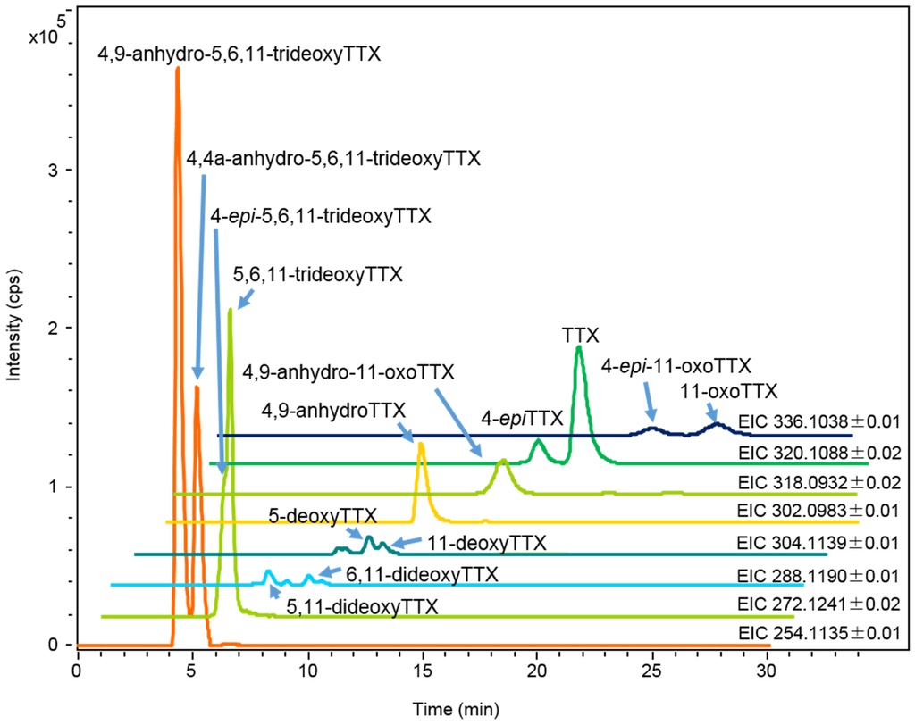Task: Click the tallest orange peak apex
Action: (177, 68)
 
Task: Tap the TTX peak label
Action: (580, 335)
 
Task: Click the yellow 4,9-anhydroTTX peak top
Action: (420, 443)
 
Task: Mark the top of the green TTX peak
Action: (579, 346)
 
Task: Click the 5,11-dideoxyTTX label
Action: (362, 606)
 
